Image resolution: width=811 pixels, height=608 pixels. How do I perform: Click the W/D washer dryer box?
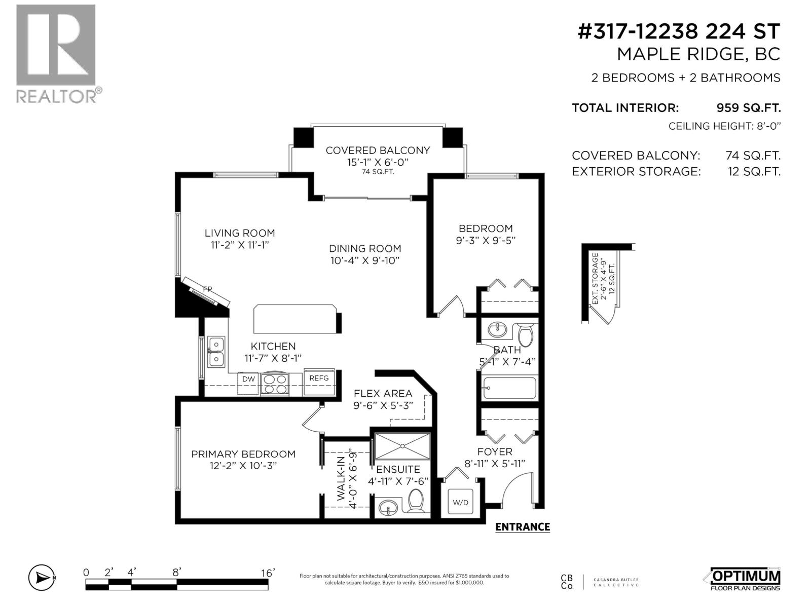[460, 503]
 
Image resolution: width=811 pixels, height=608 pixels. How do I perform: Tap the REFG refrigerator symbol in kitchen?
[319, 383]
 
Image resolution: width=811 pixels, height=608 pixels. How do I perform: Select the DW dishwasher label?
[248, 379]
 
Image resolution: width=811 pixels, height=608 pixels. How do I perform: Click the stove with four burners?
[275, 384]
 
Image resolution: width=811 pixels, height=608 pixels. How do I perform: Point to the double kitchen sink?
[216, 352]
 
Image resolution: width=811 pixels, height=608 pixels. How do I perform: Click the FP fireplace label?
[207, 289]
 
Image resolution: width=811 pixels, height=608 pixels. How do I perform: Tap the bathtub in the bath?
[509, 389]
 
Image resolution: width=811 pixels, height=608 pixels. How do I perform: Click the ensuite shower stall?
[402, 446]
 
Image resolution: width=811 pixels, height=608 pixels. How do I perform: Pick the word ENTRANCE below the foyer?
[522, 527]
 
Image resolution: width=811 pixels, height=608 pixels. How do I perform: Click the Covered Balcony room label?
[378, 150]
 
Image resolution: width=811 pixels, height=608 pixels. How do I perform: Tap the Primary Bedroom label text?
[243, 454]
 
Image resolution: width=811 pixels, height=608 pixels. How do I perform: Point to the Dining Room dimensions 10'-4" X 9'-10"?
[364, 260]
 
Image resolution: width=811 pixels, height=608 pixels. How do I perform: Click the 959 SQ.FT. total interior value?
[748, 108]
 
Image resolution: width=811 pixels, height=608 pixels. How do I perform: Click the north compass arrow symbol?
[42, 578]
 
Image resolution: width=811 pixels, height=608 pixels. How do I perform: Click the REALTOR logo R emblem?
[56, 45]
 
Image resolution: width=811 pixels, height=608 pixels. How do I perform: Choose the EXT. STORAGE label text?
[595, 279]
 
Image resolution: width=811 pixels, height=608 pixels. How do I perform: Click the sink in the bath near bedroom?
[497, 330]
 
